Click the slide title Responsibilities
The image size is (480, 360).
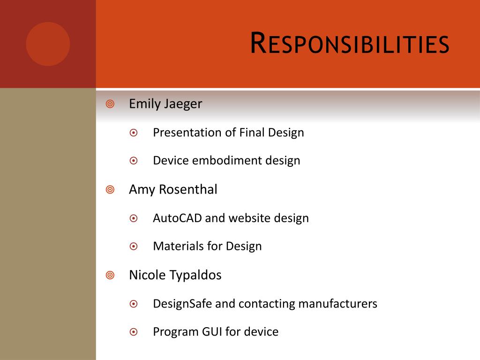click(350, 44)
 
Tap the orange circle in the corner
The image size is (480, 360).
click(48, 44)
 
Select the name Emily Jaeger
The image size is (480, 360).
click(165, 104)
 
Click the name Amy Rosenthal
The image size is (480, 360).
click(173, 189)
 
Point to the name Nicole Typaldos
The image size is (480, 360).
click(175, 275)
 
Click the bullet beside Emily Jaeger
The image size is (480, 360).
click(110, 104)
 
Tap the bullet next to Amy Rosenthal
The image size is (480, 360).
click(110, 190)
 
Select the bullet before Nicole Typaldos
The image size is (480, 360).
click(110, 276)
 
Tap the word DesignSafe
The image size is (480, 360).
click(182, 304)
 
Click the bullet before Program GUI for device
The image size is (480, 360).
click(134, 332)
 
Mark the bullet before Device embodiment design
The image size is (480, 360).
click(134, 161)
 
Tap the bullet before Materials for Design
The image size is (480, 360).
click(134, 247)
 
